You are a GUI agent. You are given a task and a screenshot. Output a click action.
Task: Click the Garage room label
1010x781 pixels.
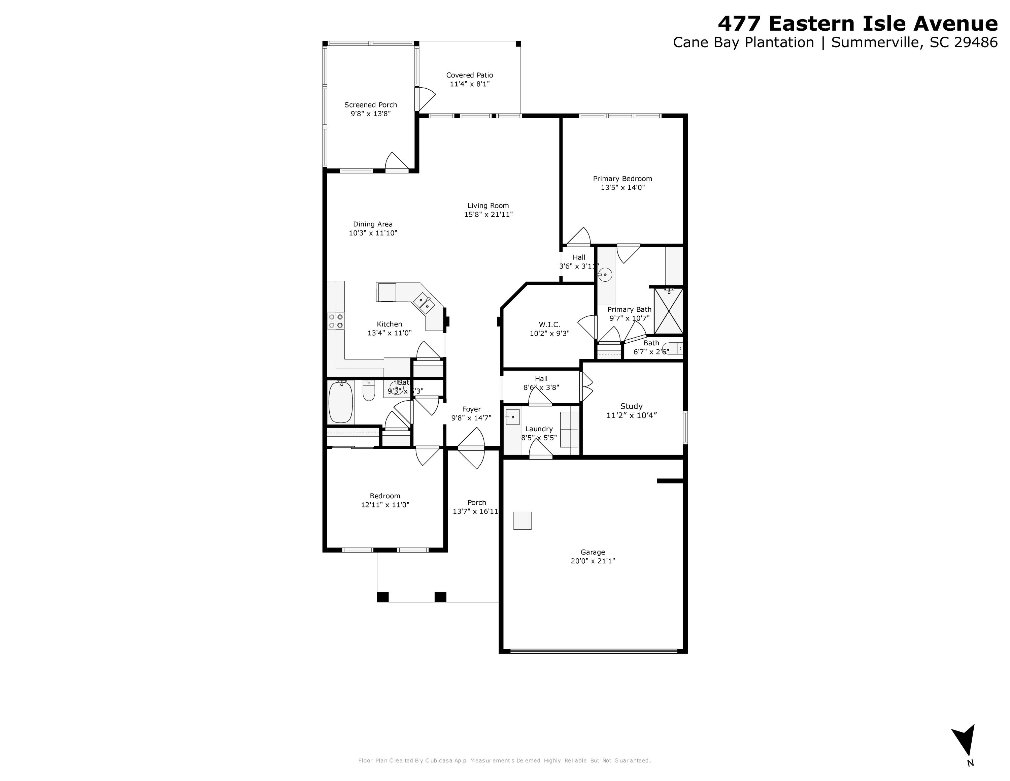593,552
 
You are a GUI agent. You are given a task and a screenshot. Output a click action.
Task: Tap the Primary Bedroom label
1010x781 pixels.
622,179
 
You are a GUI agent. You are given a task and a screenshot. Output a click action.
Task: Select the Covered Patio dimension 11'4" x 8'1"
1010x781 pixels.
469,84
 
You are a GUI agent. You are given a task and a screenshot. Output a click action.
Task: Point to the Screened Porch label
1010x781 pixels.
370,105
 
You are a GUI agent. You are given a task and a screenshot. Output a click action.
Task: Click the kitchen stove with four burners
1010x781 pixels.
336,321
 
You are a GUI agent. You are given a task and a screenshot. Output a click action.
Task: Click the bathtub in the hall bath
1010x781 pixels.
340,402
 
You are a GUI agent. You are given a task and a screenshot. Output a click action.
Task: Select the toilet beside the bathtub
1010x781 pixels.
369,391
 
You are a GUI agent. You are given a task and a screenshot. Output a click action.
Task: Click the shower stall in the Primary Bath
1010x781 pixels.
669,310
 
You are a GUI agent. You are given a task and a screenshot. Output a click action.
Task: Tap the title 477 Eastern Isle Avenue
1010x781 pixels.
857,23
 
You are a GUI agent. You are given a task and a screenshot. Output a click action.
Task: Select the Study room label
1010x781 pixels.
631,406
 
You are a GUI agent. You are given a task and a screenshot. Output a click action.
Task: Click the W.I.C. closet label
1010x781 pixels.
549,324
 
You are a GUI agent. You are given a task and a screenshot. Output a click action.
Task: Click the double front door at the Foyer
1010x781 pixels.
471,448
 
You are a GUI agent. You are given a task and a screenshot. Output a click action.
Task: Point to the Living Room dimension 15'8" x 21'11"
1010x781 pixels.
489,215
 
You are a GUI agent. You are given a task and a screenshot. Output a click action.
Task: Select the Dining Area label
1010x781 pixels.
373,224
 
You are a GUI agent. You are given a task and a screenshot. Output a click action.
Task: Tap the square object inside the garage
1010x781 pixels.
522,521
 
